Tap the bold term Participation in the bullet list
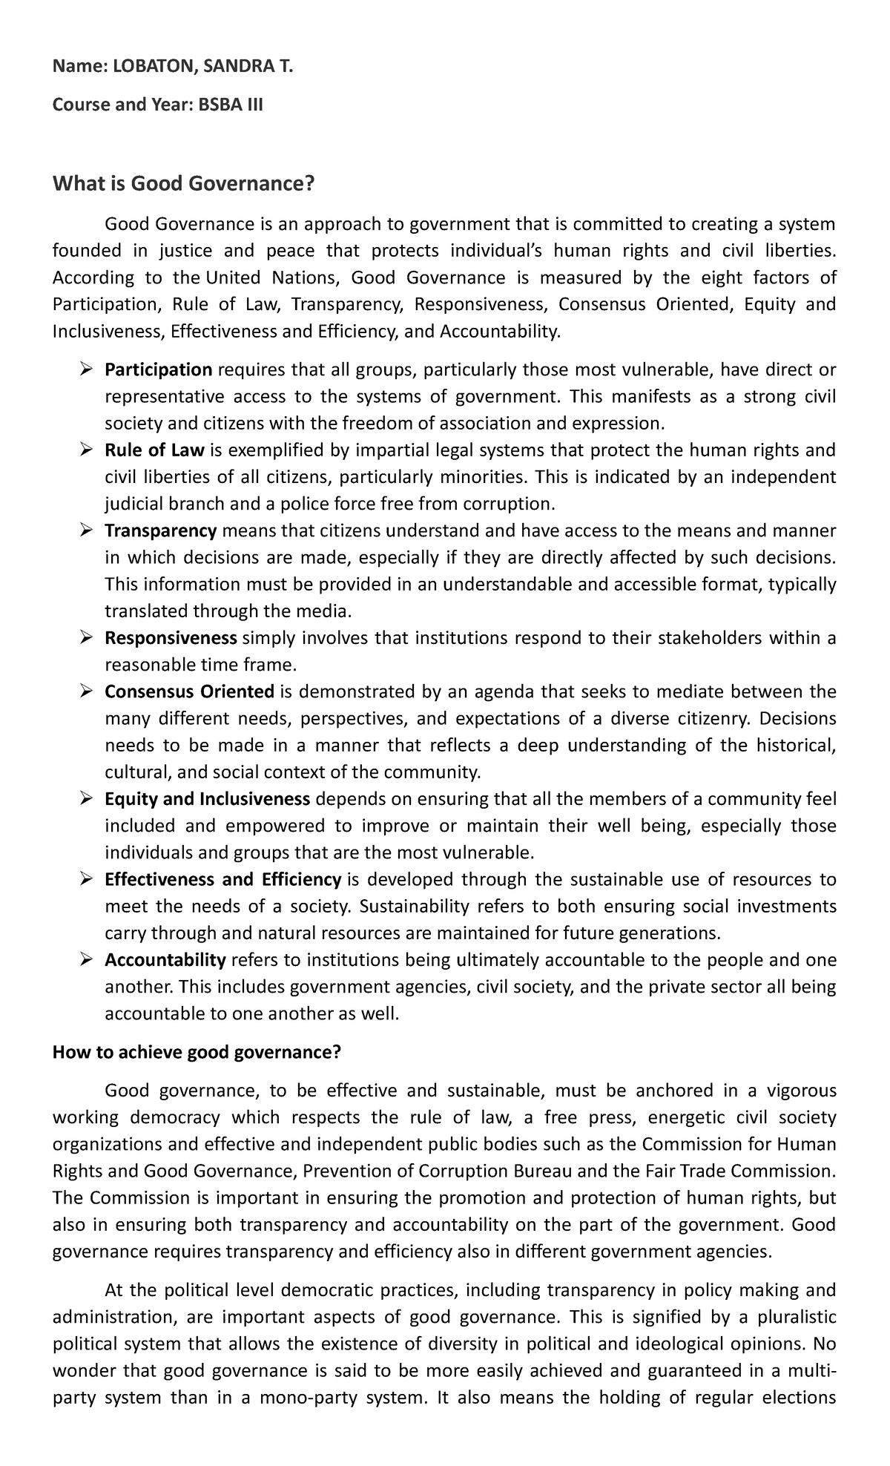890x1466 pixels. [x=159, y=369]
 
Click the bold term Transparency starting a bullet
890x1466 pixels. [x=160, y=530]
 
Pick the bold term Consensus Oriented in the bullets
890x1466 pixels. [x=189, y=691]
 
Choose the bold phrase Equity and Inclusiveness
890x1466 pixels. [x=207, y=799]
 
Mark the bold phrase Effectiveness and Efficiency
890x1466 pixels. [x=222, y=880]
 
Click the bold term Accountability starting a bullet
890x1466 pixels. [x=165, y=960]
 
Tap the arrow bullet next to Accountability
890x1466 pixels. [x=86, y=960]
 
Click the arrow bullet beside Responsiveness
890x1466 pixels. [x=86, y=638]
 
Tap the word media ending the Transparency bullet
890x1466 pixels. [x=323, y=612]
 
